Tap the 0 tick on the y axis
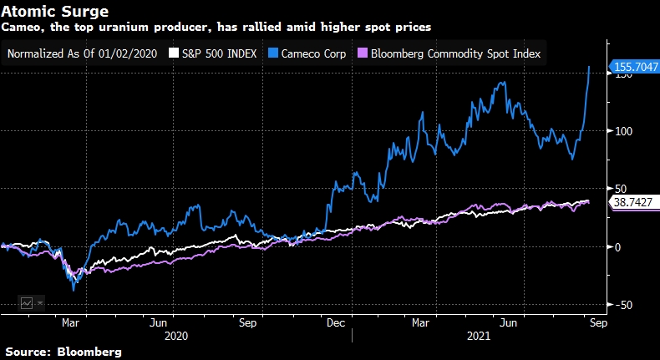point(617,246)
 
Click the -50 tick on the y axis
point(622,304)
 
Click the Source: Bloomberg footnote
point(61,352)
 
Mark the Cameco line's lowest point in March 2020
point(74,290)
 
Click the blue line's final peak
point(591,66)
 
